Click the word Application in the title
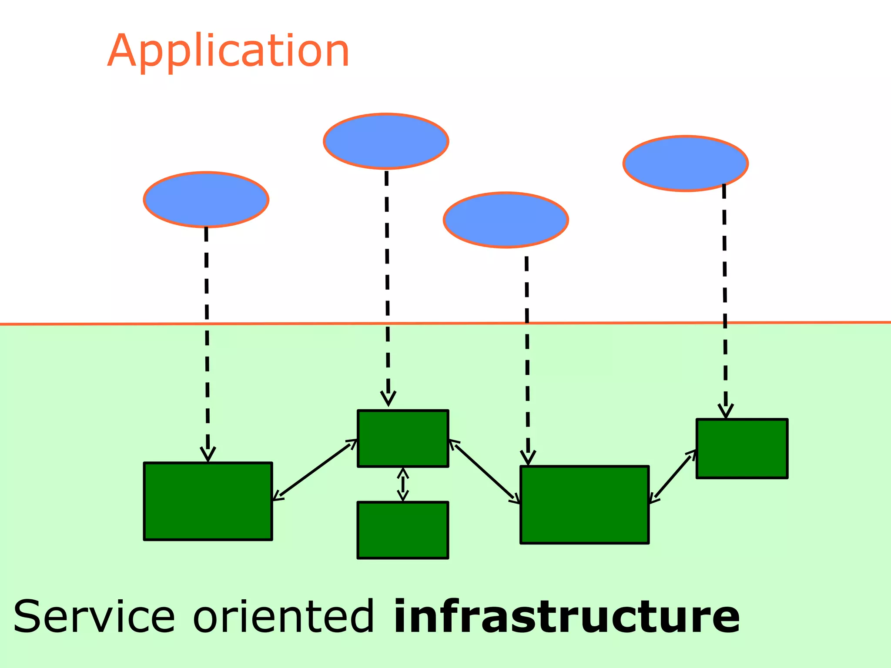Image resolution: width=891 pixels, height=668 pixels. point(228,51)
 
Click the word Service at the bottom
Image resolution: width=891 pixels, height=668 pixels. point(94,617)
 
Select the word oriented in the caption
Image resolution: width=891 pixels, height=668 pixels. point(283,617)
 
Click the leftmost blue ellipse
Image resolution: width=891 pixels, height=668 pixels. point(206,199)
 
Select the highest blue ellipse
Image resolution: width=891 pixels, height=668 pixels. point(386,141)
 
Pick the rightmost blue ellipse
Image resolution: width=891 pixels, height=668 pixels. point(686,163)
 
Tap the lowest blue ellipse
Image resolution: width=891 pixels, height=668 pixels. point(506,220)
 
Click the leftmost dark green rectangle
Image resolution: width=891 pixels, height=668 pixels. point(208,501)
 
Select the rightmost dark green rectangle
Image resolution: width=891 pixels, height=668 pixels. point(742,448)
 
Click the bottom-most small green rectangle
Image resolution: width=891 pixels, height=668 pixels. point(403,530)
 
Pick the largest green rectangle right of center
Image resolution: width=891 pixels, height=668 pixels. point(584,504)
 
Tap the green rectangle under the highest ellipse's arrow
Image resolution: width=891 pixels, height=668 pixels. point(403,438)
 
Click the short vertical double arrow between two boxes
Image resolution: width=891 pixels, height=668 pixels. point(403,484)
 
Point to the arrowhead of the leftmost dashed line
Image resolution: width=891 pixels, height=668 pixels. point(208,455)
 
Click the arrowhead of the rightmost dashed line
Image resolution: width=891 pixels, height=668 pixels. point(726,411)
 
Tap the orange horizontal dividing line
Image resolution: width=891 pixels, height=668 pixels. point(435,323)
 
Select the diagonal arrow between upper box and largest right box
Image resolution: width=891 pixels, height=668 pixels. point(484,472)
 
